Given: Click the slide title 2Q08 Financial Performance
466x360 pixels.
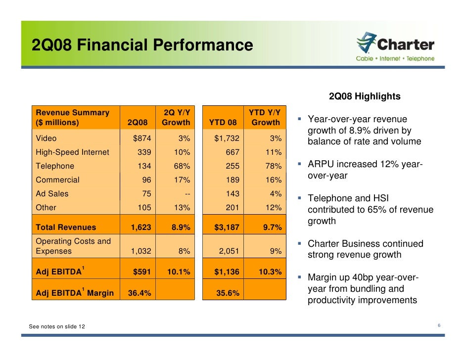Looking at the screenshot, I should [142, 45].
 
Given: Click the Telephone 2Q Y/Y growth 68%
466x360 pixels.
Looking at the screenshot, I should [181, 166].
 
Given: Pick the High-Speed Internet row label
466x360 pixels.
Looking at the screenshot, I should [72, 152].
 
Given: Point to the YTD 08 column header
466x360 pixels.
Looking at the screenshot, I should [223, 122].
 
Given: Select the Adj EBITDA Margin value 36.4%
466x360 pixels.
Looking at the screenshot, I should [140, 293].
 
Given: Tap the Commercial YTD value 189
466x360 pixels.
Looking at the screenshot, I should [231, 180].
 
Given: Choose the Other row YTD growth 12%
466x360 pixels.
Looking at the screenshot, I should [273, 208].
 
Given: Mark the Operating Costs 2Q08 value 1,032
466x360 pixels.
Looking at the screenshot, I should [140, 251].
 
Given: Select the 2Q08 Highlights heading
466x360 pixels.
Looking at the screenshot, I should [365, 96].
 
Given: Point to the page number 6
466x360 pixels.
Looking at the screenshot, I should [439, 325].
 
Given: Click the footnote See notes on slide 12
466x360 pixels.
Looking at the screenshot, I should [56, 326].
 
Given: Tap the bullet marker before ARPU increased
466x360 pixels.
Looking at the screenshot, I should [300, 164].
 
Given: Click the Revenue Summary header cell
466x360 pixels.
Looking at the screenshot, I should [72, 117].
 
